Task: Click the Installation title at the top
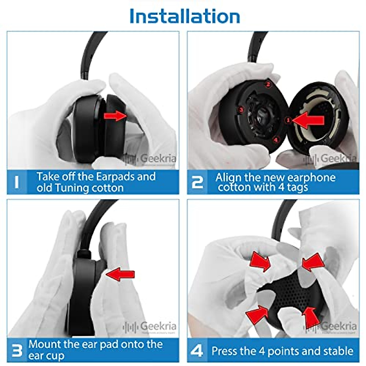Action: [185, 16]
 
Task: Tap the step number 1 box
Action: [17, 182]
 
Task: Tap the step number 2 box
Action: [197, 182]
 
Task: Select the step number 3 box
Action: [17, 350]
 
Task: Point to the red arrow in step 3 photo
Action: [120, 274]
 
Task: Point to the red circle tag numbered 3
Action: [241, 109]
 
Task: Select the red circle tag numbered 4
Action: [276, 140]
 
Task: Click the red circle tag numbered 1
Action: [288, 120]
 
